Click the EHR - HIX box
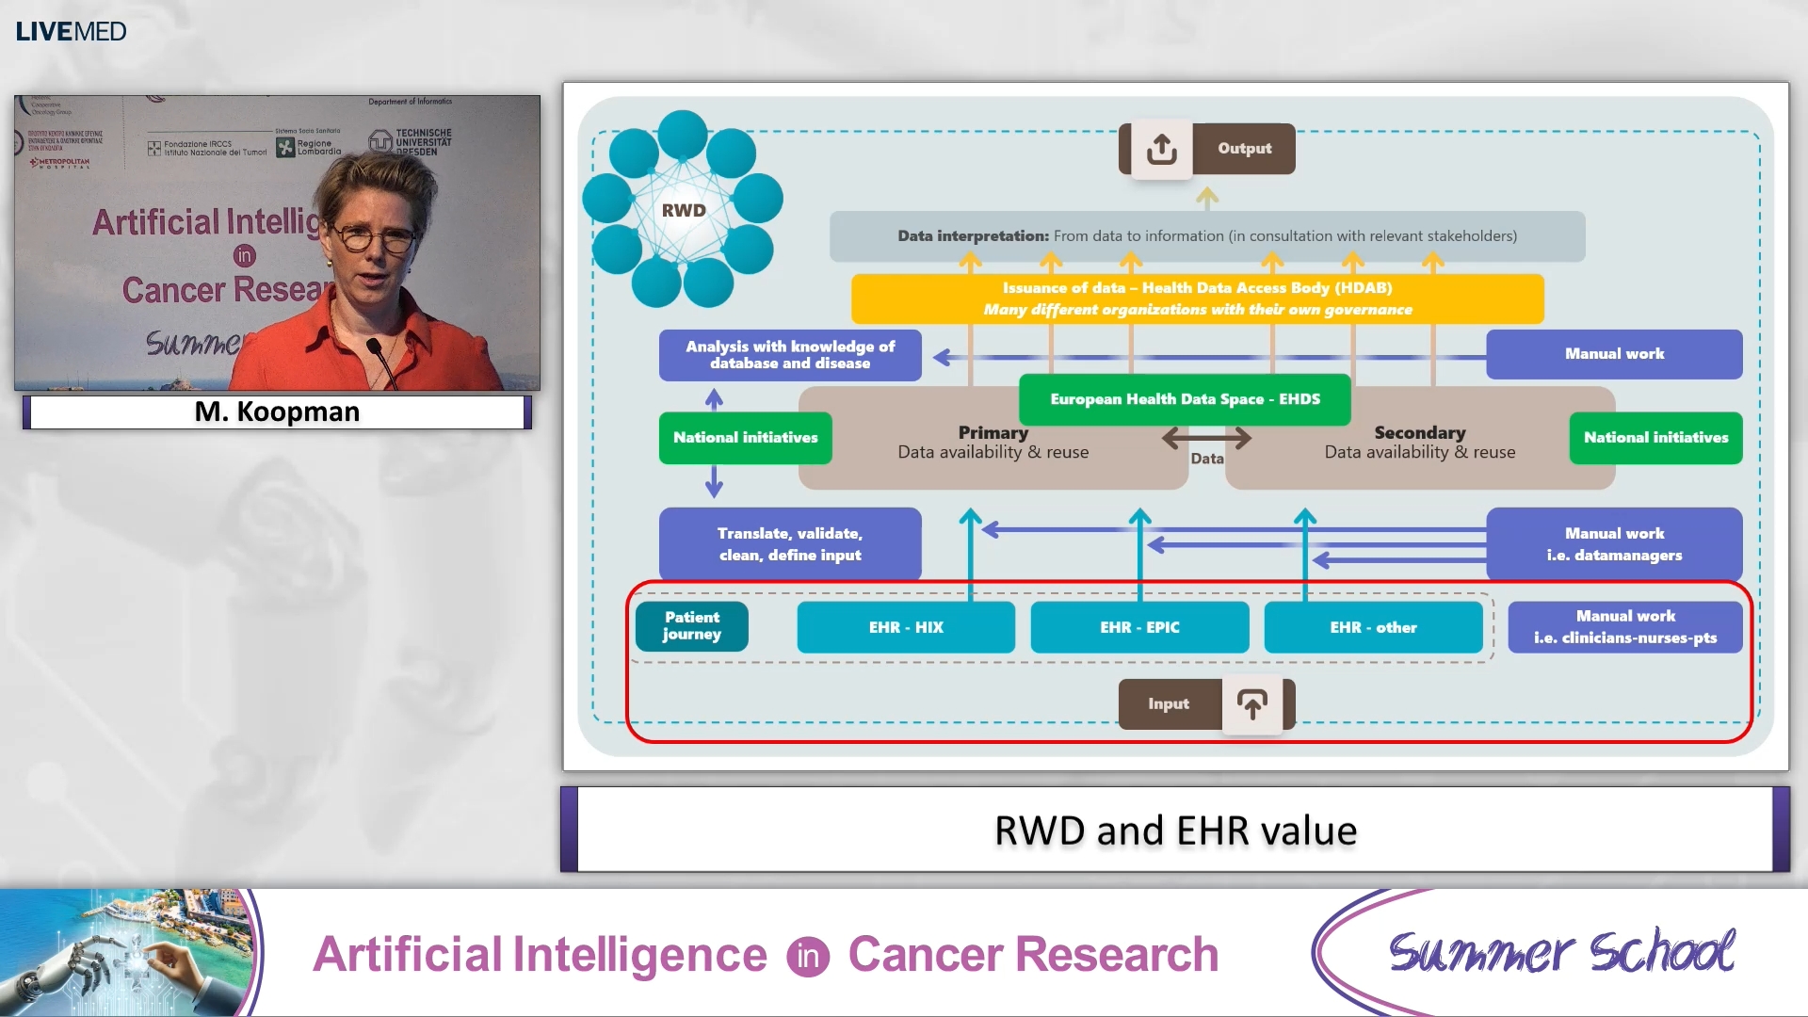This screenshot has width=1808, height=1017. (x=905, y=627)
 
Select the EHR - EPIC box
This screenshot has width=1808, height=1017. (x=1139, y=627)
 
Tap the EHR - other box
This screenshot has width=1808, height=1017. (x=1373, y=627)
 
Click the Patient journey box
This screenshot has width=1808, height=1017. (x=692, y=626)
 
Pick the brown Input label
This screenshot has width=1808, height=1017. (x=1169, y=704)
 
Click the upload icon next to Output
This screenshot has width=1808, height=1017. (x=1161, y=149)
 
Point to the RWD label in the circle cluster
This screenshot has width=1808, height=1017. (x=684, y=210)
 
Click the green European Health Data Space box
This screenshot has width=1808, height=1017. (x=1185, y=399)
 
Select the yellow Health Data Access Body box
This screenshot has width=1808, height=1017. (x=1197, y=299)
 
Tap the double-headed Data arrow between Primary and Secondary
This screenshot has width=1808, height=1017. (x=1206, y=438)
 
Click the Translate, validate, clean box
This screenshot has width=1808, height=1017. (x=790, y=544)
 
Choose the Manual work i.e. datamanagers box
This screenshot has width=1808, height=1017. (x=1614, y=544)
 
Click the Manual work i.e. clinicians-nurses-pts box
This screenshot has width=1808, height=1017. (x=1625, y=627)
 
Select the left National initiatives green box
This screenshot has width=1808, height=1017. (x=745, y=438)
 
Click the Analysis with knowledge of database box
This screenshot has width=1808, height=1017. (x=790, y=355)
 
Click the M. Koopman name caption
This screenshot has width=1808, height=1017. (x=277, y=412)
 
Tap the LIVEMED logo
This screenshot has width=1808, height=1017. (x=71, y=31)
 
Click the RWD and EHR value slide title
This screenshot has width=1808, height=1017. (x=1175, y=831)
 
